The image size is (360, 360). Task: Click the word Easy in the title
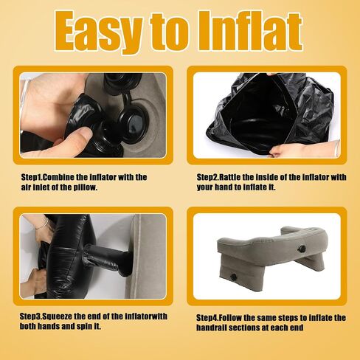98,32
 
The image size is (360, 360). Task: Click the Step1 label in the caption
32,178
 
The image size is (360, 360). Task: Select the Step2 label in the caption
207,178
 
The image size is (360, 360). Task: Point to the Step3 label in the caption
30,316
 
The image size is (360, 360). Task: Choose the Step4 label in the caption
207,318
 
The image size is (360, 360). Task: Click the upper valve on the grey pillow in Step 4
300,249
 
